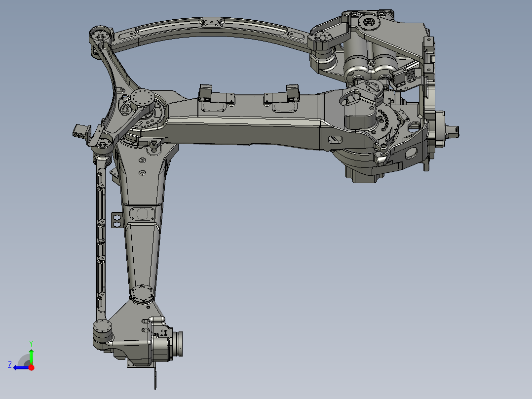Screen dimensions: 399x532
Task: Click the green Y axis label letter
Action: click(31, 343)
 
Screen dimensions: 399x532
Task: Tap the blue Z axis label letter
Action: click(10, 364)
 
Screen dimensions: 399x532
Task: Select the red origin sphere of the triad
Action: click(31, 367)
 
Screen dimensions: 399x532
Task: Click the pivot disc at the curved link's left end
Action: click(100, 36)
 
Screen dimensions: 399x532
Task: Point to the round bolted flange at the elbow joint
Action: click(143, 97)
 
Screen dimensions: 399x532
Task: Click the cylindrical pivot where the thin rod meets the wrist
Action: click(102, 327)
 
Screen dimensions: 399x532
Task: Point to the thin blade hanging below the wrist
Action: click(155, 378)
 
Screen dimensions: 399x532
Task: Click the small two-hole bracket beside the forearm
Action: click(117, 220)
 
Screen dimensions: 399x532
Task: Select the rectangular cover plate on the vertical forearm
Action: click(143, 214)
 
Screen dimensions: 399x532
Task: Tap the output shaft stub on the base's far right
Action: click(452, 130)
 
